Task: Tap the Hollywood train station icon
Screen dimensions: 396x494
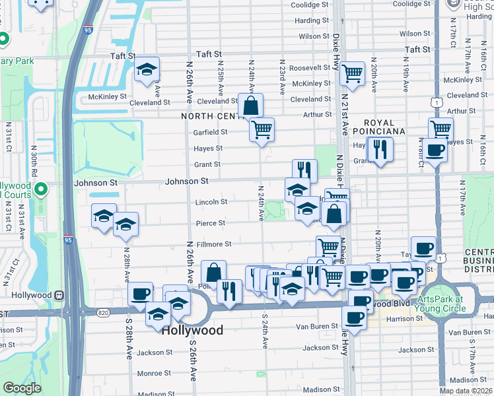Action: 59,295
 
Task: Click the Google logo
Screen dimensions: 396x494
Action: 22,387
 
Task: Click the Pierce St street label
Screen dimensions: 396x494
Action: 210,224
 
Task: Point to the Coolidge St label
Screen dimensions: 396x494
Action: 305,5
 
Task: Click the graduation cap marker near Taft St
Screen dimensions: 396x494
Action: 147,69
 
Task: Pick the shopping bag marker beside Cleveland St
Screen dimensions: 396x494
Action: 251,105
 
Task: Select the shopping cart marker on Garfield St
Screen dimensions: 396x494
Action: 262,129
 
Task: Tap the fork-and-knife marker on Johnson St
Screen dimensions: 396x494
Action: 304,170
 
